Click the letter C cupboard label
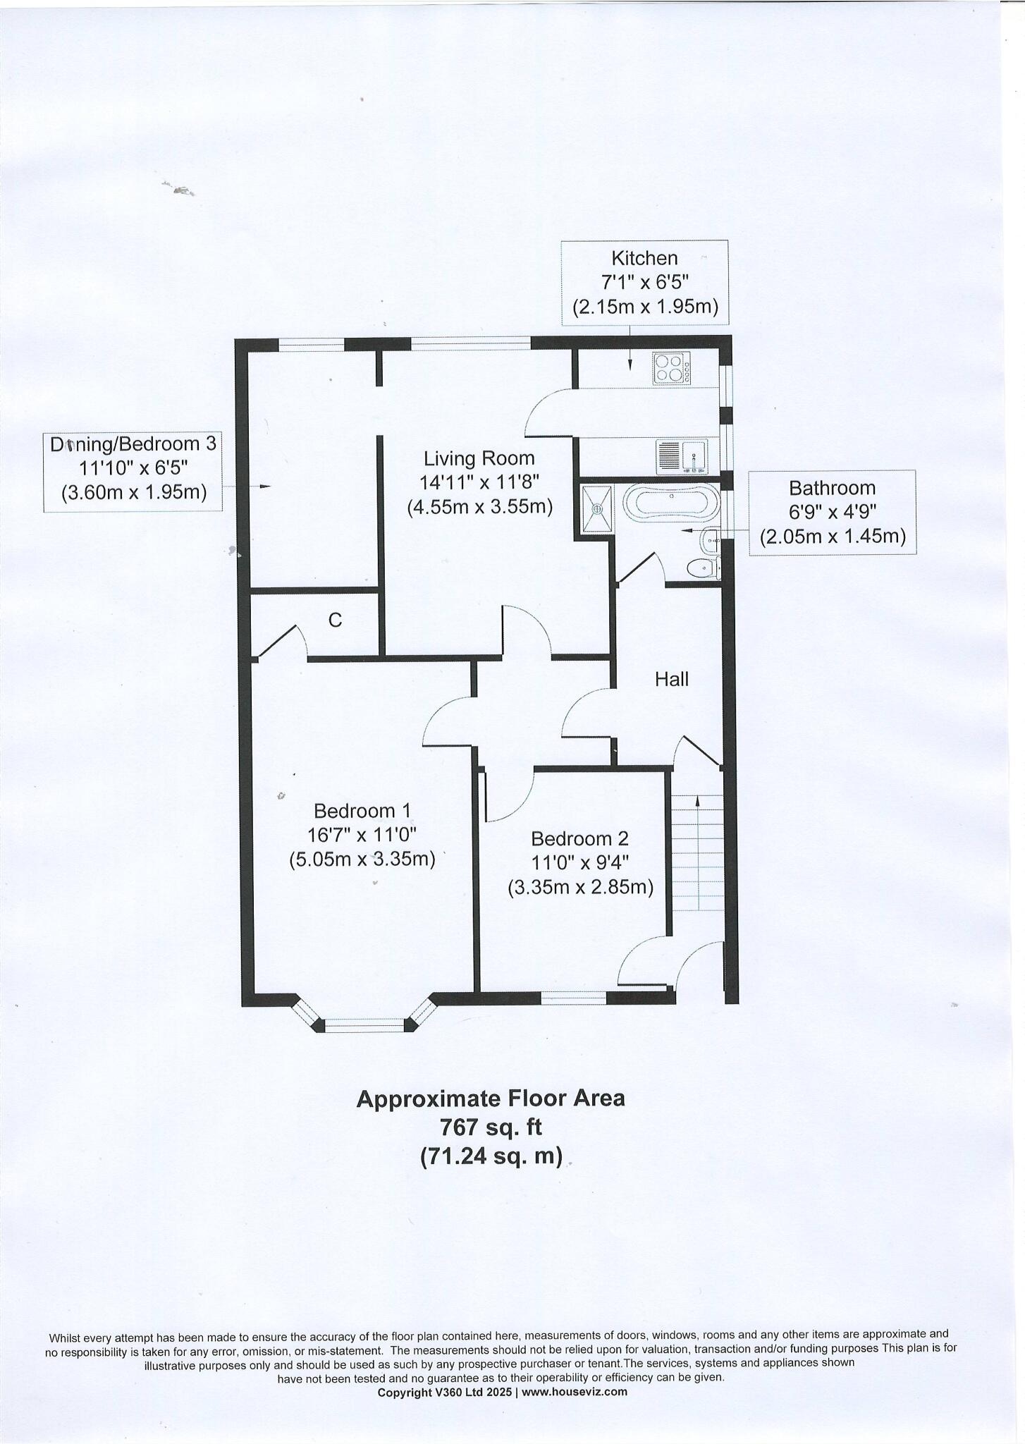click(x=336, y=620)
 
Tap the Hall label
click(x=671, y=679)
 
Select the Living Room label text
click(x=479, y=458)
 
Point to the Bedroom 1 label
click(x=362, y=810)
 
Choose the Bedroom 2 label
click(x=579, y=838)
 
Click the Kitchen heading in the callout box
click(x=644, y=258)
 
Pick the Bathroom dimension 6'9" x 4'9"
click(x=832, y=512)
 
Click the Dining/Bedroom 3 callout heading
click(x=133, y=444)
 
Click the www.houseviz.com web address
click(x=574, y=1391)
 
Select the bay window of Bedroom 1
click(x=364, y=1024)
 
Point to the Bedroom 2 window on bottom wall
click(x=573, y=997)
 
